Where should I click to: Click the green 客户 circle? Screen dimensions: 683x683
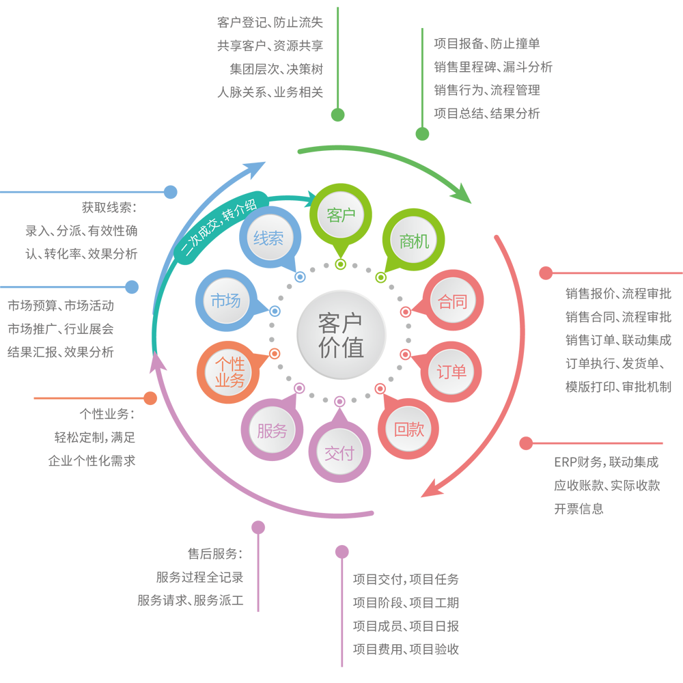click(x=341, y=215)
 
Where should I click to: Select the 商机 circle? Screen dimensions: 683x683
click(x=414, y=240)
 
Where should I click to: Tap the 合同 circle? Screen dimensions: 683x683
click(x=453, y=301)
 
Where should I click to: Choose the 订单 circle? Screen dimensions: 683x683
click(x=451, y=372)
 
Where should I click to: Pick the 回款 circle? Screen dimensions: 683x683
click(x=408, y=429)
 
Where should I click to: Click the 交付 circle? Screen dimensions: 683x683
click(x=339, y=452)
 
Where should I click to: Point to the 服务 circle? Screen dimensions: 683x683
click(x=272, y=430)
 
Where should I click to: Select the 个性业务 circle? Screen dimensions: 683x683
click(x=229, y=372)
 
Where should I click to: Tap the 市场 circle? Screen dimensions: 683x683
click(x=226, y=301)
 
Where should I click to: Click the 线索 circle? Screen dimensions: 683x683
click(x=270, y=238)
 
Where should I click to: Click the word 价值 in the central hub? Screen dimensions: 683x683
click(x=341, y=348)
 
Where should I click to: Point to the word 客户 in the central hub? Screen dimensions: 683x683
click(x=341, y=323)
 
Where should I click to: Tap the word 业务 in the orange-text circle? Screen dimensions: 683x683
click(x=229, y=380)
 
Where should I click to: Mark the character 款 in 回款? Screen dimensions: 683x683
click(x=417, y=429)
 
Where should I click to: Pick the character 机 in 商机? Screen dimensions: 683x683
click(x=422, y=240)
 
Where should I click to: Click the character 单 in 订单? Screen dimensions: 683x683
click(x=460, y=372)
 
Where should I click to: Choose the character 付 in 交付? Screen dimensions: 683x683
click(x=348, y=452)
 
